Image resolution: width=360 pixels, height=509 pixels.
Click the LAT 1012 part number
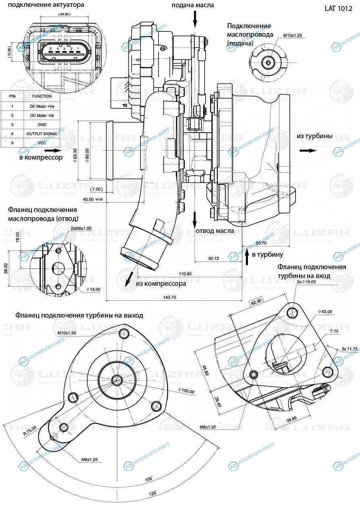338,8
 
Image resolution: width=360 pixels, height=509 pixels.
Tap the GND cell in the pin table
42,125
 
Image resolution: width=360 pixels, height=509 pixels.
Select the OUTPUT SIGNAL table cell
42,133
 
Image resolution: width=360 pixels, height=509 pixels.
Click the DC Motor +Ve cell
42,106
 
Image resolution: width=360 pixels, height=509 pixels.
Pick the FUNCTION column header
42,96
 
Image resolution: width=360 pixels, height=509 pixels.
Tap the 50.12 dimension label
214,258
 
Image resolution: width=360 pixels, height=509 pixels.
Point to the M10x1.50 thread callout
67,333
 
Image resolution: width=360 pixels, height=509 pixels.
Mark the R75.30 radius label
30,430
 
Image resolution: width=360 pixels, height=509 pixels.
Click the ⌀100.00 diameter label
186,391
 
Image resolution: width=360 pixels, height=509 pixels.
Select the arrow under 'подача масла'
195,19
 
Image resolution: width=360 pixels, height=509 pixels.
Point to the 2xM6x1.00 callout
81,228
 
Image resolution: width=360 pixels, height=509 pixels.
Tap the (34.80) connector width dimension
64,14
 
